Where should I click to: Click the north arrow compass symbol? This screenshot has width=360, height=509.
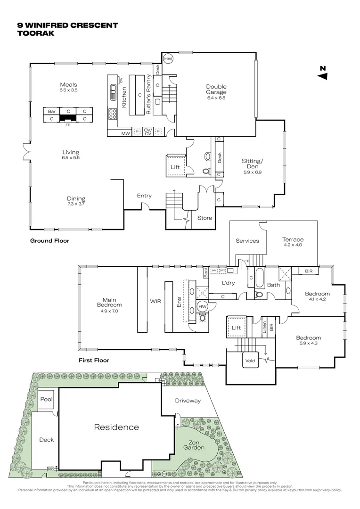click(323, 74)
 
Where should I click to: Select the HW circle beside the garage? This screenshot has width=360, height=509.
click(168, 59)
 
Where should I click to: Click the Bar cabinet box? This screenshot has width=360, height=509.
click(52, 111)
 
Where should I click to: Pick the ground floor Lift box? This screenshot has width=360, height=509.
click(175, 167)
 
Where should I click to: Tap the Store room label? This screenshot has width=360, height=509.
click(205, 218)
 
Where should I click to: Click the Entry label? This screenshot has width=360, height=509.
click(144, 196)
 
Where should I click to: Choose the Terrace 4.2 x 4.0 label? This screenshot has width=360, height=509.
click(292, 242)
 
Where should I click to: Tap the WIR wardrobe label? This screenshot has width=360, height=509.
click(155, 301)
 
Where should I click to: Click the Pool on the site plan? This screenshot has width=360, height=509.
click(46, 399)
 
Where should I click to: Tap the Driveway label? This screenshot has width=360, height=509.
click(188, 401)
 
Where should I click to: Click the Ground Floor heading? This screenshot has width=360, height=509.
click(49, 241)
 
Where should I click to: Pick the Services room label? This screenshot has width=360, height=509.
click(247, 241)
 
